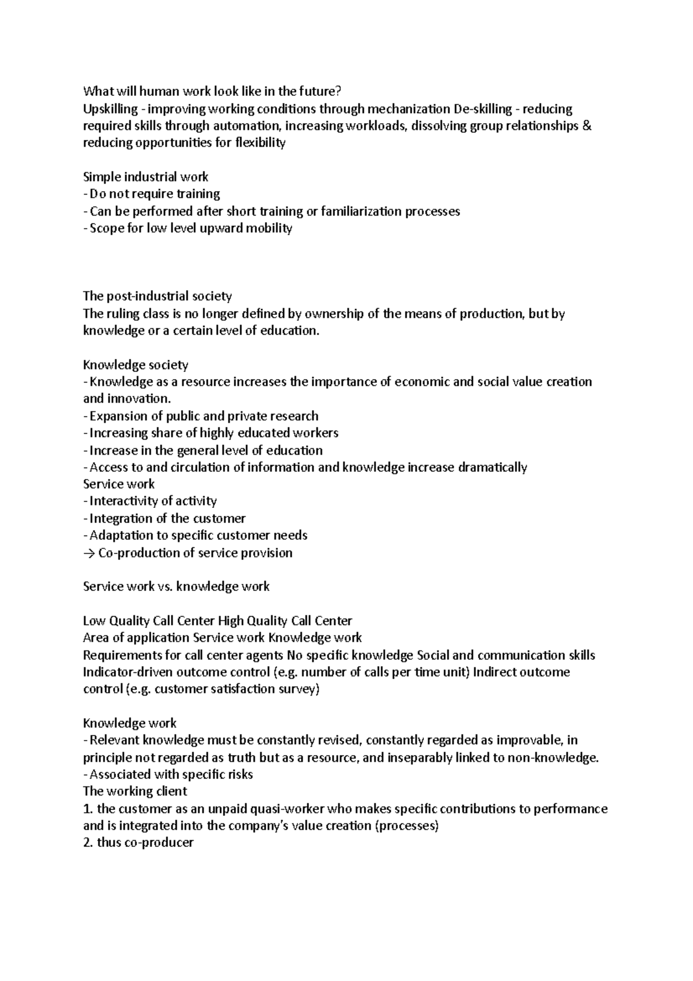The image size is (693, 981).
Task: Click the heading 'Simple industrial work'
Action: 146,177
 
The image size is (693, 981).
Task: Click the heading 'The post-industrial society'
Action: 157,296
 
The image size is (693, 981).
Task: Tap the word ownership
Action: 334,314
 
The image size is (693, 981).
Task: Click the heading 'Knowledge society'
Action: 136,365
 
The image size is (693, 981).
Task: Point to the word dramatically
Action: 492,467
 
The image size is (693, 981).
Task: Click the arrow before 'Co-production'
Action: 89,553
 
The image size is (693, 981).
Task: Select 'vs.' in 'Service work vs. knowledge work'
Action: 164,587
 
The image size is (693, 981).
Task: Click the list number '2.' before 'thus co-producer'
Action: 88,843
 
